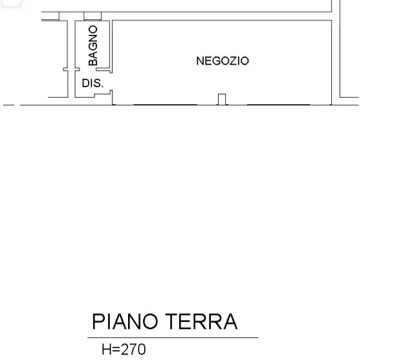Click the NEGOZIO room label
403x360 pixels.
pos(222,61)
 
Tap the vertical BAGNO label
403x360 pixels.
pos(93,46)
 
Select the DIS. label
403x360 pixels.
pos(93,83)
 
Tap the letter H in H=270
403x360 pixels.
pos(106,350)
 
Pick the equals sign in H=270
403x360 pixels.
pos(116,350)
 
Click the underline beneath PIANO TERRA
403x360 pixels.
pos(173,337)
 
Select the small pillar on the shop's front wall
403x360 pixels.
pos(222,99)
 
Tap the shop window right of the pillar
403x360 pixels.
pos(279,103)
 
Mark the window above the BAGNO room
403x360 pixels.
pos(93,16)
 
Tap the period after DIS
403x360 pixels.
pos(102,87)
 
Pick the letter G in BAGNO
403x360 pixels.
pos(93,47)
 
